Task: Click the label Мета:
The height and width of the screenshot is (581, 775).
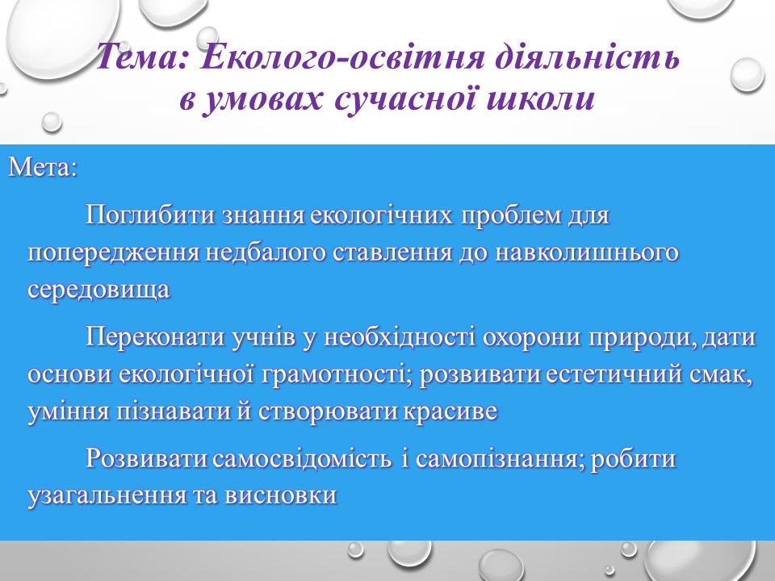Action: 43,167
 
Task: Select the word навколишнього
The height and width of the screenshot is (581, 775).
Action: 587,253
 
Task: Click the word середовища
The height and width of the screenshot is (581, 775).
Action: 98,290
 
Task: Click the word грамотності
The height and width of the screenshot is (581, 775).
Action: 337,374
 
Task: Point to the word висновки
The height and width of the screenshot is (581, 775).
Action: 280,495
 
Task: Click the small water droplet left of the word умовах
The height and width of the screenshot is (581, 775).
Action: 52,122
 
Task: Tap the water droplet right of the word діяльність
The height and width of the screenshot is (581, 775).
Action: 748,74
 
